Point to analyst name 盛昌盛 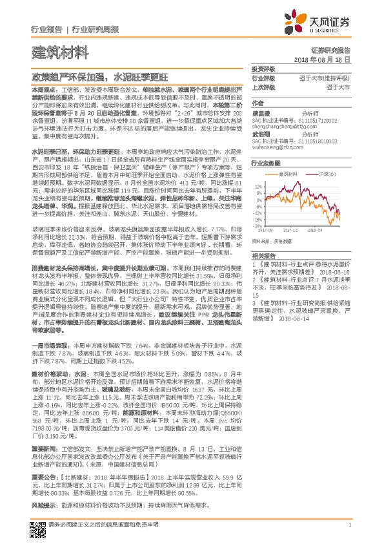[261, 112]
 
